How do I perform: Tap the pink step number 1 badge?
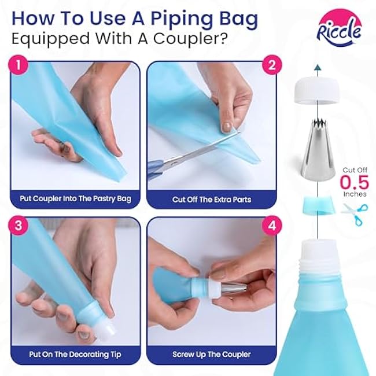click(x=19, y=65)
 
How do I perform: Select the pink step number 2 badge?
click(x=271, y=65)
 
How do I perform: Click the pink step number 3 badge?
click(x=19, y=226)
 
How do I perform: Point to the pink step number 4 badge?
click(x=271, y=226)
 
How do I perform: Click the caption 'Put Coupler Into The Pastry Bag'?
click(x=76, y=199)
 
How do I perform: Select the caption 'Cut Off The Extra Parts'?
click(x=212, y=200)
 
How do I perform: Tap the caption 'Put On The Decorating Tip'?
click(x=75, y=355)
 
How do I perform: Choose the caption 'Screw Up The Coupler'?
click(x=212, y=355)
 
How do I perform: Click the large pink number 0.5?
click(x=354, y=182)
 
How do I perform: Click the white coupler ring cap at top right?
click(x=317, y=93)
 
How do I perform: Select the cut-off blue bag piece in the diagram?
click(x=318, y=205)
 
